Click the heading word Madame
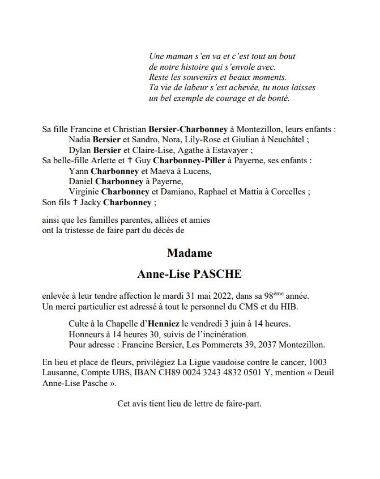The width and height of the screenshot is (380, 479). click(x=190, y=253)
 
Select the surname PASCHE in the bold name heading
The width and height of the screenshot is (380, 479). click(x=217, y=274)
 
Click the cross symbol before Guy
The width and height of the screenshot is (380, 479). click(x=130, y=160)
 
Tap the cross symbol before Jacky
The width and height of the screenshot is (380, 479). click(x=74, y=202)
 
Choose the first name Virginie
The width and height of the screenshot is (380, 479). click(x=84, y=192)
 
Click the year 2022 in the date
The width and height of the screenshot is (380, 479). click(x=223, y=296)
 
